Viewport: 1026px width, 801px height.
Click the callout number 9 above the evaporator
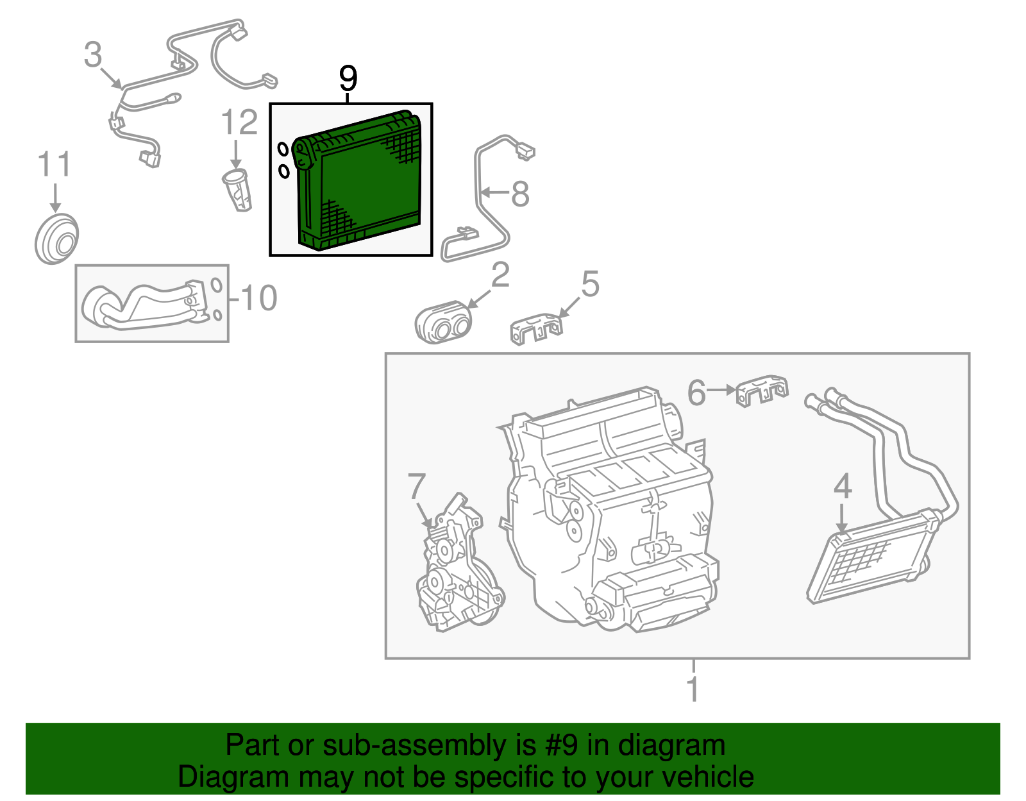(348, 80)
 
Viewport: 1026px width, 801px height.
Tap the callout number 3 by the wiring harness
(93, 55)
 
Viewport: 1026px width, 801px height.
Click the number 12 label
(239, 123)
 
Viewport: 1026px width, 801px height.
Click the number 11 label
(55, 165)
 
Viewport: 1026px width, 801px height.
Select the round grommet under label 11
(56, 240)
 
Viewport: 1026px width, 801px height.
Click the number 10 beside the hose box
(258, 298)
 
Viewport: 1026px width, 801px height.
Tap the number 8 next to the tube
(520, 194)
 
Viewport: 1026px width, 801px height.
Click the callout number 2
(500, 275)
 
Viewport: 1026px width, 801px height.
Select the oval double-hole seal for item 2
(443, 323)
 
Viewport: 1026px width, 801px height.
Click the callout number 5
(590, 284)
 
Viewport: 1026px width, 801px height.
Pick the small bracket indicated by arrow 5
(536, 327)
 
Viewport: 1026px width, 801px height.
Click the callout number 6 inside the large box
(696, 392)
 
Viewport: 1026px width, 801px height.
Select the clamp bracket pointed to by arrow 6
(761, 390)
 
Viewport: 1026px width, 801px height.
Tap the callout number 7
(417, 487)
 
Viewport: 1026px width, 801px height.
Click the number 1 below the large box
(693, 689)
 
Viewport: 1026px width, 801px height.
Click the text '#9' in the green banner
(561, 746)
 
